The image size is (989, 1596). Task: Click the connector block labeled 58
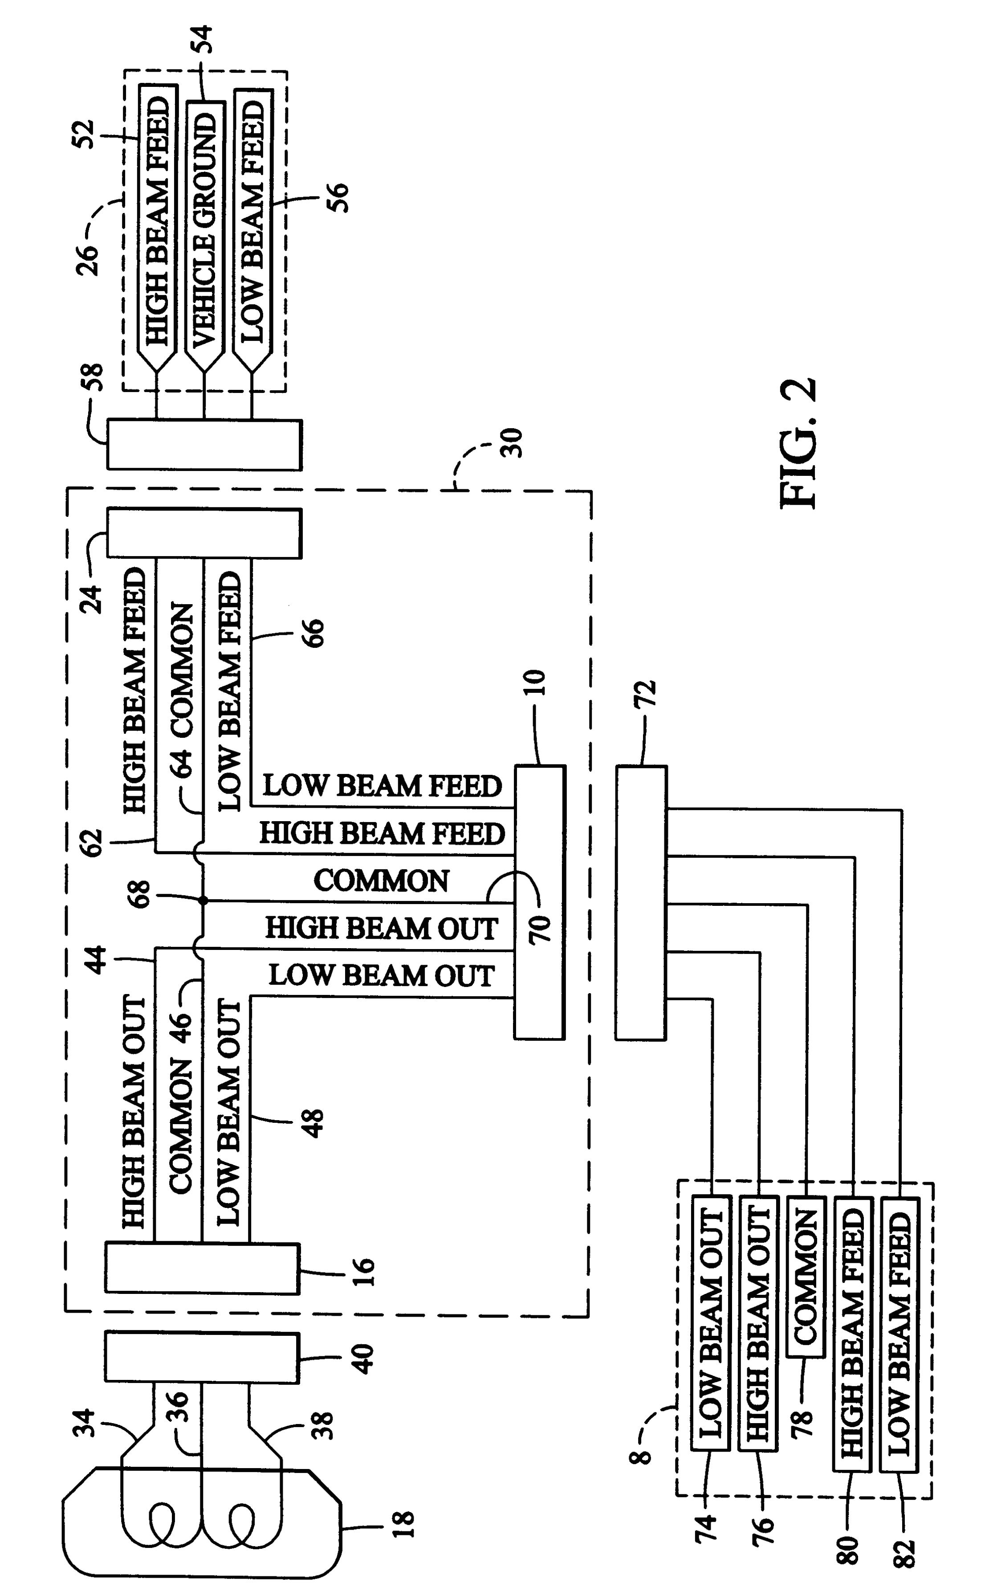(204, 445)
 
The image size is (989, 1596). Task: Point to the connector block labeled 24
(204, 534)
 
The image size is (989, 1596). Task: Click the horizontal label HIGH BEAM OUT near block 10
(381, 929)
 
